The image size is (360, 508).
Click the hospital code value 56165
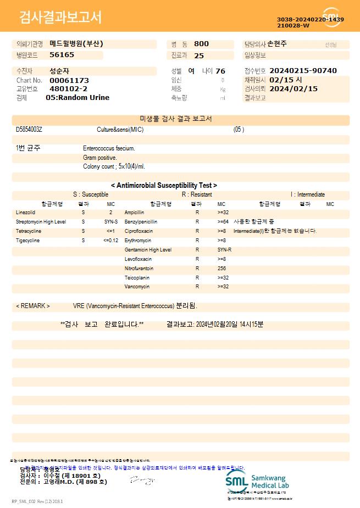(x=62, y=55)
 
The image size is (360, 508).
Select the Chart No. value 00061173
(x=69, y=81)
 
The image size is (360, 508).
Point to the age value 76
(x=220, y=71)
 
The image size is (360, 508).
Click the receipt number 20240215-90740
(x=303, y=71)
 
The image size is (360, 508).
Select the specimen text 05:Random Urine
(x=77, y=98)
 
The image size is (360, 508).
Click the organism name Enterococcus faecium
(x=109, y=148)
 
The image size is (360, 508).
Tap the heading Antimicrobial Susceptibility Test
(x=164, y=186)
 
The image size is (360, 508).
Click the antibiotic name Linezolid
(x=25, y=212)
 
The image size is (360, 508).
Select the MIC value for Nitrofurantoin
(x=221, y=269)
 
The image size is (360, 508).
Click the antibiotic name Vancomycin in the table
(x=137, y=287)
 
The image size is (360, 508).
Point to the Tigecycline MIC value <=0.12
(x=110, y=241)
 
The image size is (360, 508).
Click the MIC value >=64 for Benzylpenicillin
(x=223, y=222)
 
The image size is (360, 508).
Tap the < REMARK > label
(x=33, y=306)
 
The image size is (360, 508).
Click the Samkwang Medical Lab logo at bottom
(x=257, y=481)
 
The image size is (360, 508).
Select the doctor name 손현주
(x=277, y=44)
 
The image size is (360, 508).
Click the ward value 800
(x=201, y=44)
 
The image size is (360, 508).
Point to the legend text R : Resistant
(x=197, y=194)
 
